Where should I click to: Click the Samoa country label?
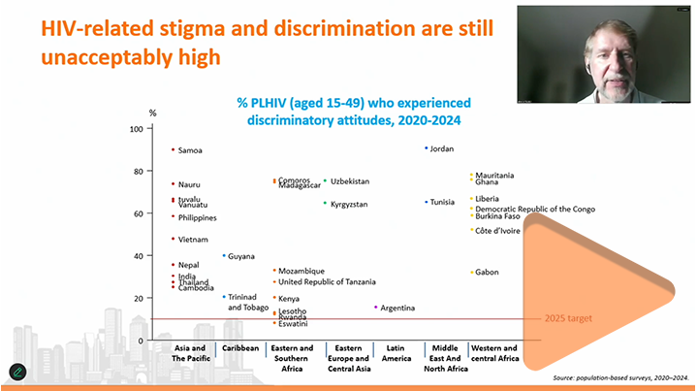pyautogui.click(x=191, y=149)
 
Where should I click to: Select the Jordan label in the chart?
pyautogui.click(x=441, y=148)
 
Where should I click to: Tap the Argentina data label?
pyautogui.click(x=397, y=308)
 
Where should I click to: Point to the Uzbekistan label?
pyautogui.click(x=350, y=181)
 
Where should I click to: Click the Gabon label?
pyautogui.click(x=487, y=273)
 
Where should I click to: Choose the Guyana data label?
pyautogui.click(x=241, y=256)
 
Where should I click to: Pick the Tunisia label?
pyautogui.click(x=442, y=202)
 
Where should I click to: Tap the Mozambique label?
pyautogui.click(x=301, y=271)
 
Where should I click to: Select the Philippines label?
pyautogui.click(x=198, y=217)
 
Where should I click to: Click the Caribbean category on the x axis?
pyautogui.click(x=239, y=347)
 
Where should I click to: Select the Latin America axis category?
pyautogui.click(x=397, y=352)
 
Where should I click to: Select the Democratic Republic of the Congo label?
pyautogui.click(x=534, y=209)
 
